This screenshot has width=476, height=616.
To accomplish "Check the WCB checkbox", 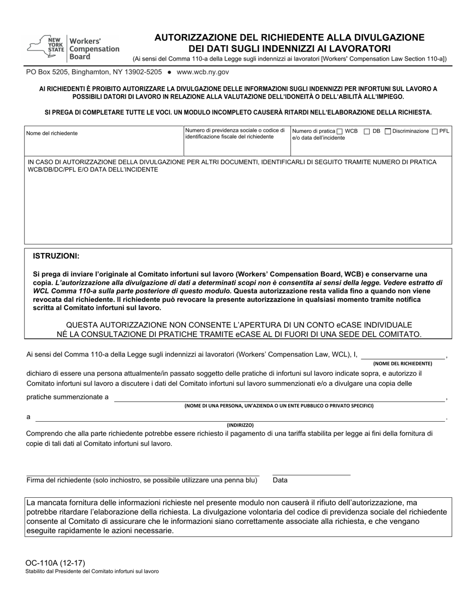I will pos(340,132).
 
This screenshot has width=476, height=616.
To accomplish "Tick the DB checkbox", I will pos(367,132).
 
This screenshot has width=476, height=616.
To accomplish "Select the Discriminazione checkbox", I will pos(388,132).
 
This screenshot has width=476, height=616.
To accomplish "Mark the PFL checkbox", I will pos(434,132).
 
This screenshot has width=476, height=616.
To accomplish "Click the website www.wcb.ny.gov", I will pos(203,72).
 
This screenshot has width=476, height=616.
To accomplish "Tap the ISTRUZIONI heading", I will pos(56,256).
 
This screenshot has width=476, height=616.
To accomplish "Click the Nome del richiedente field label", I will pos(52,134).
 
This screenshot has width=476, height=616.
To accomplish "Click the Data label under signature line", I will pos(280,480).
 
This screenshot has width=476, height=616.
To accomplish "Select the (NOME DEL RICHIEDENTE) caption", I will pos(402,364).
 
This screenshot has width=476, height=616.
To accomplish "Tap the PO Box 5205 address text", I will pos(94,72).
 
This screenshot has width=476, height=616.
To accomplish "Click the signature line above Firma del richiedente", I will pos(143,475).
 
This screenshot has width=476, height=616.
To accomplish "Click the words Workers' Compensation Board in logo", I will pos(94,49).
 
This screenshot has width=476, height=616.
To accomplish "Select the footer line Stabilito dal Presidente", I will pos(93,571).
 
